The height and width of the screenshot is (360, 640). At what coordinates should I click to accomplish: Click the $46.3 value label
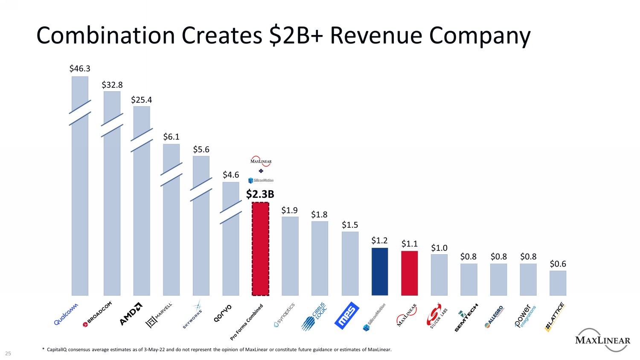click(80, 68)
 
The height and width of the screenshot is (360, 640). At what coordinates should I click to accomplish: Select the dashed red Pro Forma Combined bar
click(260, 249)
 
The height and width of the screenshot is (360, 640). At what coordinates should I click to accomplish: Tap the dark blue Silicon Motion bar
click(380, 271)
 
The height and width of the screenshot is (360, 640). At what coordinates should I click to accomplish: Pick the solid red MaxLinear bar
click(409, 273)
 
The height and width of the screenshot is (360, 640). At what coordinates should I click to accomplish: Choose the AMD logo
click(131, 314)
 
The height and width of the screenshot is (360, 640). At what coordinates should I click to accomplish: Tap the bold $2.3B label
click(260, 195)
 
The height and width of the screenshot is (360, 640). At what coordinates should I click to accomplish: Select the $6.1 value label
click(171, 136)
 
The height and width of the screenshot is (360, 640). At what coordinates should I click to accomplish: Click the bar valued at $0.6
click(558, 283)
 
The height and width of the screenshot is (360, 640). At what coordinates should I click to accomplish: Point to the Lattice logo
click(555, 317)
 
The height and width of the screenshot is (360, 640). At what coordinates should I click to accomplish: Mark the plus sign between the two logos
click(261, 171)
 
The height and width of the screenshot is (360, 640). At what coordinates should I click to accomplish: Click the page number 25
click(8, 353)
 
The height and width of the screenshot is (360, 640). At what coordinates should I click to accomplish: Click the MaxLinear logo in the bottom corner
click(602, 340)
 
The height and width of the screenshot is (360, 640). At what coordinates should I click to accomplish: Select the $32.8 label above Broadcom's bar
click(112, 84)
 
